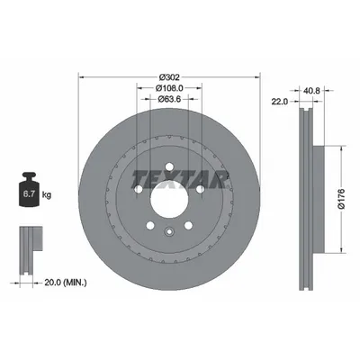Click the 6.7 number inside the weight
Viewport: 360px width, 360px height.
pos(28,192)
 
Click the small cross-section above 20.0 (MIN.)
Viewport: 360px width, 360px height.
pos(29,241)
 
